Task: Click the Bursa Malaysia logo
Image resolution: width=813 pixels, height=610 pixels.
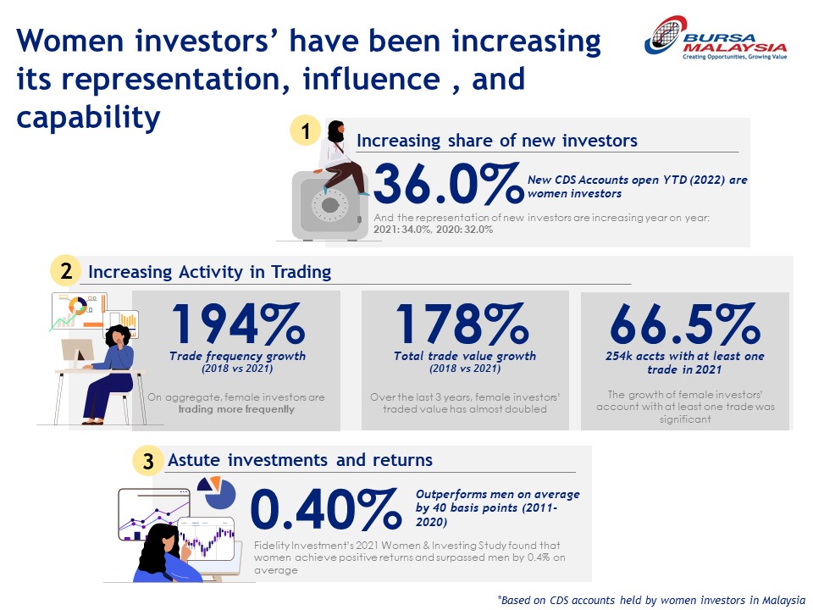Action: coord(716,38)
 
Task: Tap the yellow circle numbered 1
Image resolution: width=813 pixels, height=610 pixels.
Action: coord(305,130)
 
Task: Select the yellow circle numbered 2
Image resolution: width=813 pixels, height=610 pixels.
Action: coord(65,271)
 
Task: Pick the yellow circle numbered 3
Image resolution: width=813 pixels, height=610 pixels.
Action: coord(147,461)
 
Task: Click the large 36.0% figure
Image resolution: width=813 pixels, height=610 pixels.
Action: coord(448,183)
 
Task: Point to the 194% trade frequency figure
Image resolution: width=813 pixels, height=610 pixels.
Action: coord(237,323)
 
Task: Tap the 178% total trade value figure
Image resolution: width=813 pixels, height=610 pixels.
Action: coord(462,323)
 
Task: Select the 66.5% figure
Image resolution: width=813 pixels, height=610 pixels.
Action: coord(684,323)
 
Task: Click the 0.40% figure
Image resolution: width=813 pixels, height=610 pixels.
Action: coord(326,508)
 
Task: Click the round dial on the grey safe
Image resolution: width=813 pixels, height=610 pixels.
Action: coord(329,205)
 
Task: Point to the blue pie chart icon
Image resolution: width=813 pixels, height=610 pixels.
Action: coord(218,493)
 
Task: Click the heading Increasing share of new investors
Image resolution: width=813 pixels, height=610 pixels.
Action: coord(497,141)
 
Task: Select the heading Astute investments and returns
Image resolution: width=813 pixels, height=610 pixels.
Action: coord(300,460)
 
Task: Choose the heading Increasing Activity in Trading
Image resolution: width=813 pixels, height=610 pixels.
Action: coord(209,272)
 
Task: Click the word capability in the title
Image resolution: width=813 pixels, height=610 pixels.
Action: coord(88,117)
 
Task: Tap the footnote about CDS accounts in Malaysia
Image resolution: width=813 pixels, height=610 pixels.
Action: coord(651,600)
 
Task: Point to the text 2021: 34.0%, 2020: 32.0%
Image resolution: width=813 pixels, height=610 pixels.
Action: coord(433,230)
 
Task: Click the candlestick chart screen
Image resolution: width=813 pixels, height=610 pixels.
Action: coord(207,540)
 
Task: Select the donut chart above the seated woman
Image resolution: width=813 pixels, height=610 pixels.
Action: coord(78,306)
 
